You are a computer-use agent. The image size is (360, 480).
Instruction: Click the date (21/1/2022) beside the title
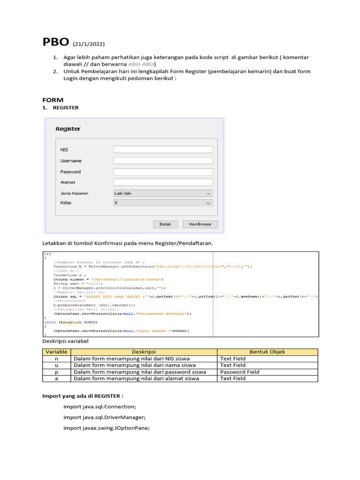click(89, 45)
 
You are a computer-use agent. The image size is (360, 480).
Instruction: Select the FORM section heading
click(52, 100)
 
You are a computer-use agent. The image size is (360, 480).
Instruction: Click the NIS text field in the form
click(163, 150)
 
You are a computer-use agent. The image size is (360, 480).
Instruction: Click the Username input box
click(163, 161)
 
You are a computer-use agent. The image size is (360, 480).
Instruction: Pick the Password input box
click(163, 172)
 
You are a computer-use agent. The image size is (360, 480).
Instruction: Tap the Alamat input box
click(163, 182)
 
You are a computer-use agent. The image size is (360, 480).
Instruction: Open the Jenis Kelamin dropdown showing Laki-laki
click(163, 193)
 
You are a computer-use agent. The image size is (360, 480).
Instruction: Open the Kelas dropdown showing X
click(163, 203)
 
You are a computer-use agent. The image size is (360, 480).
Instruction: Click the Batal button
click(165, 224)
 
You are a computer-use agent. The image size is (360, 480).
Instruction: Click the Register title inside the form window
click(68, 129)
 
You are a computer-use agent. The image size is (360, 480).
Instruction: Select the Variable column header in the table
click(56, 352)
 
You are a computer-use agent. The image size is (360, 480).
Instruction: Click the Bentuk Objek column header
click(267, 352)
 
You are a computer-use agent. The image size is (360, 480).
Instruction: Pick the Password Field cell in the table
click(240, 372)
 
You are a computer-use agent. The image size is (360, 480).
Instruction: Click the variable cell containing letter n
click(56, 359)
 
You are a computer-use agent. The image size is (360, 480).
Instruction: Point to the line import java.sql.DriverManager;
click(105, 417)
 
